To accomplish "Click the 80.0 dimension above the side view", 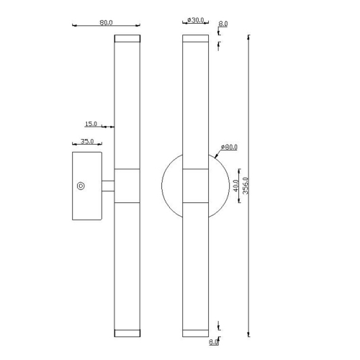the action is click(106, 22).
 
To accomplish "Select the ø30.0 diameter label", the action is click(196, 20).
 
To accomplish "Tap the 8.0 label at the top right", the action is click(223, 24).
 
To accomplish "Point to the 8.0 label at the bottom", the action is click(213, 342).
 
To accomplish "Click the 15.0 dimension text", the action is click(91, 124).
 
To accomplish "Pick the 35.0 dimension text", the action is click(87, 141).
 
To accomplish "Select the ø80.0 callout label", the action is click(229, 147).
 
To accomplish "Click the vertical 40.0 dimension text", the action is click(236, 186).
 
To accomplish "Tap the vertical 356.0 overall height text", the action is click(246, 186).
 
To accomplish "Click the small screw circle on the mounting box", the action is click(81, 186).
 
